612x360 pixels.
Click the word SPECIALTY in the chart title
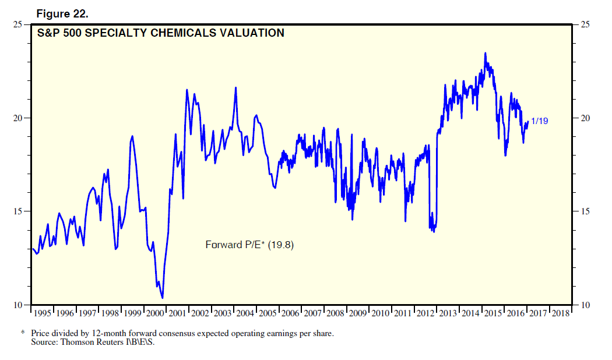[x=115, y=33]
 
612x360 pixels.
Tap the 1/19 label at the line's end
[x=540, y=121]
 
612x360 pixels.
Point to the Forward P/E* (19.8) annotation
[x=249, y=245]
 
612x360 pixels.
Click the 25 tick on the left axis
[x=18, y=24]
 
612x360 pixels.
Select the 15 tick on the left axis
[x=18, y=211]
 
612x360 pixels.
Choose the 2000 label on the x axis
[x=156, y=313]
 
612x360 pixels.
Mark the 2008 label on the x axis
[x=336, y=313]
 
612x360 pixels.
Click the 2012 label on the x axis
[x=426, y=313]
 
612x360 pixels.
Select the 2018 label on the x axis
[x=561, y=313]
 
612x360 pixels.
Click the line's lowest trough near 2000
[x=162, y=298]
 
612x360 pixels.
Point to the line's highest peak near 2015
[x=486, y=53]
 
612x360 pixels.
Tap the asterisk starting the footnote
[x=23, y=334]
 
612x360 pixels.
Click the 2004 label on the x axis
[x=246, y=313]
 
